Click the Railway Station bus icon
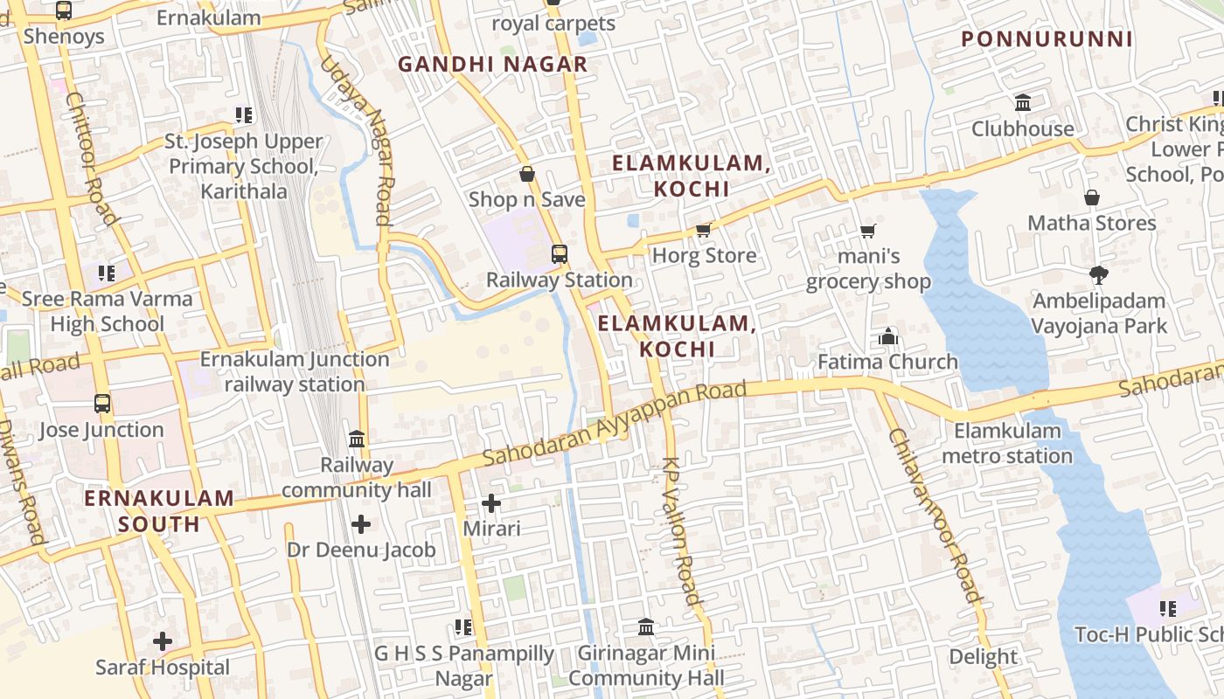point(560,254)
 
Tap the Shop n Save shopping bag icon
point(527,174)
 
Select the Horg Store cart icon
point(704,231)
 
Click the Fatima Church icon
point(888,336)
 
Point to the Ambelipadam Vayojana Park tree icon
point(1099,276)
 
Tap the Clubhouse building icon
point(1023,103)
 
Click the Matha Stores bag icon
point(1091,197)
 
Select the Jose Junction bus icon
point(102,404)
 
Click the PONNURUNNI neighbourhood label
point(1047,39)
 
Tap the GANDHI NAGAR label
point(493,65)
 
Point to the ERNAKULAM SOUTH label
point(159,511)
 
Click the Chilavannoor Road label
point(935,516)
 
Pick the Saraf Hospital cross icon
point(163,642)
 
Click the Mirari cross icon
point(491,503)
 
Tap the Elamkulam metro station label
point(1007,443)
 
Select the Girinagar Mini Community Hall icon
point(646,626)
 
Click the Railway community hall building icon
point(357,439)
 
